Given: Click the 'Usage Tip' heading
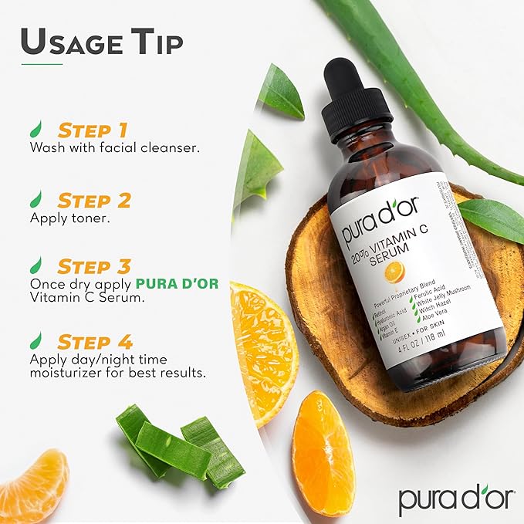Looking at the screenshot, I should pos(103,42).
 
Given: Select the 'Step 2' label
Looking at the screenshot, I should pos(94,201).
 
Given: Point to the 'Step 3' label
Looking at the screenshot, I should pos(94,266).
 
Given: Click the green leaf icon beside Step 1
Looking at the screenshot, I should pos(36,129).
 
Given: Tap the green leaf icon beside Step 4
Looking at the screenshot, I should pos(36,340).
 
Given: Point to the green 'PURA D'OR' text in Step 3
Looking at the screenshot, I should pos(177,283).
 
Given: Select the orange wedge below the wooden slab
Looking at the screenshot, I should pos(323,453).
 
